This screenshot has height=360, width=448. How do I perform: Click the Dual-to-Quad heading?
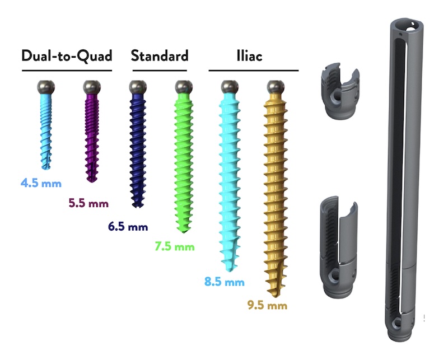coord(67,56)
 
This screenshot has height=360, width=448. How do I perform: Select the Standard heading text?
coord(160,56)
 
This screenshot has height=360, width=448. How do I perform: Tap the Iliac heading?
coord(249,56)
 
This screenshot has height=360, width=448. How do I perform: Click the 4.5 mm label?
coord(41,183)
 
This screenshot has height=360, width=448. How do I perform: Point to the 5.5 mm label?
coord(88,203)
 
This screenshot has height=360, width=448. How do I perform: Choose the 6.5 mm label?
coord(128,227)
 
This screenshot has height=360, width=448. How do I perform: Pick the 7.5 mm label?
coord(175,246)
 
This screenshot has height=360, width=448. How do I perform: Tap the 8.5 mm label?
coord(225,282)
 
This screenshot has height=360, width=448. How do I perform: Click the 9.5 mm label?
coord(268,305)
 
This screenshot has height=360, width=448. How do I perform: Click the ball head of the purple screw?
coord(92,87)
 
